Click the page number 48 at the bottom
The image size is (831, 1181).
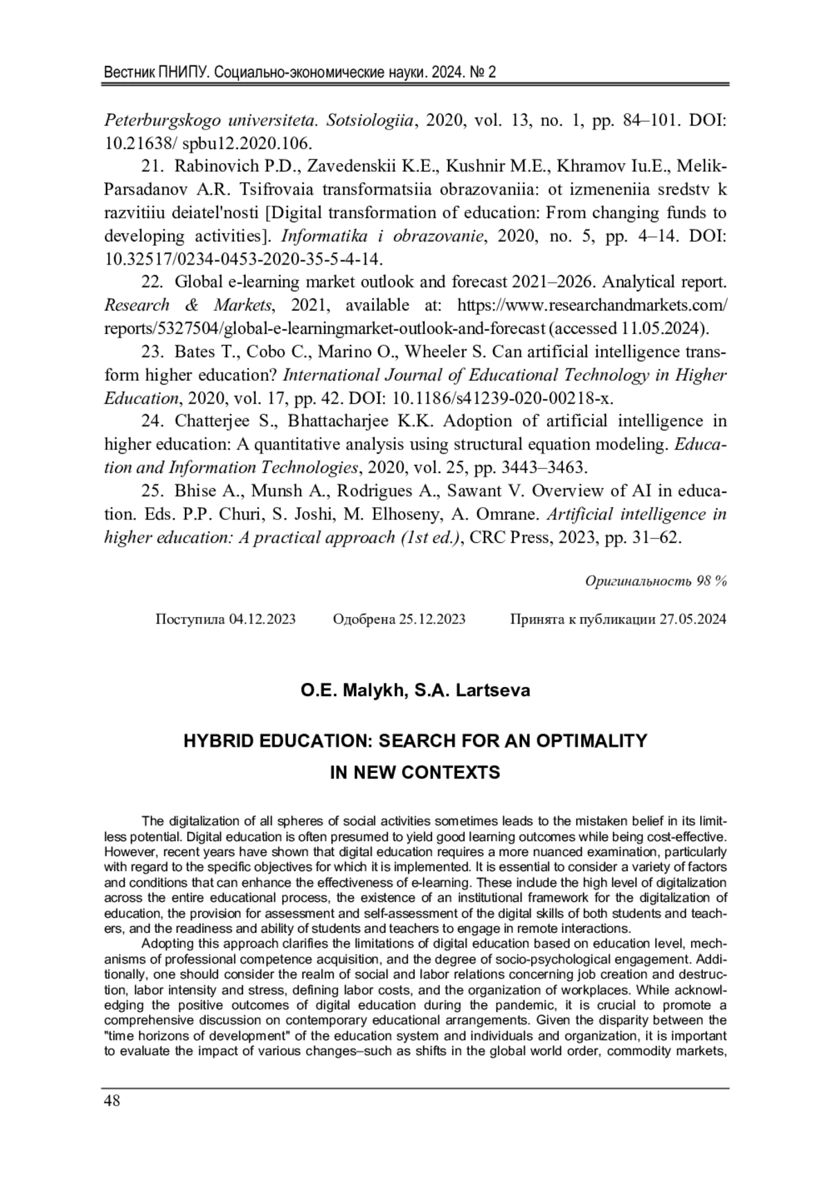tap(112, 1101)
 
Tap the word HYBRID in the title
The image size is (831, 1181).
tap(218, 740)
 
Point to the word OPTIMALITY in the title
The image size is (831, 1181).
tap(593, 740)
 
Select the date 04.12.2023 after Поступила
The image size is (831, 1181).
tap(262, 619)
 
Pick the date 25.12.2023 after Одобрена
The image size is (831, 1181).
tap(432, 619)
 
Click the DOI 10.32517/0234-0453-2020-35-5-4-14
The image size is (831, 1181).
tap(244, 259)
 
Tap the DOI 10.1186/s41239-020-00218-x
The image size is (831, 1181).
tap(503, 398)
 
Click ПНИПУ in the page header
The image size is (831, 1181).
tap(180, 72)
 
